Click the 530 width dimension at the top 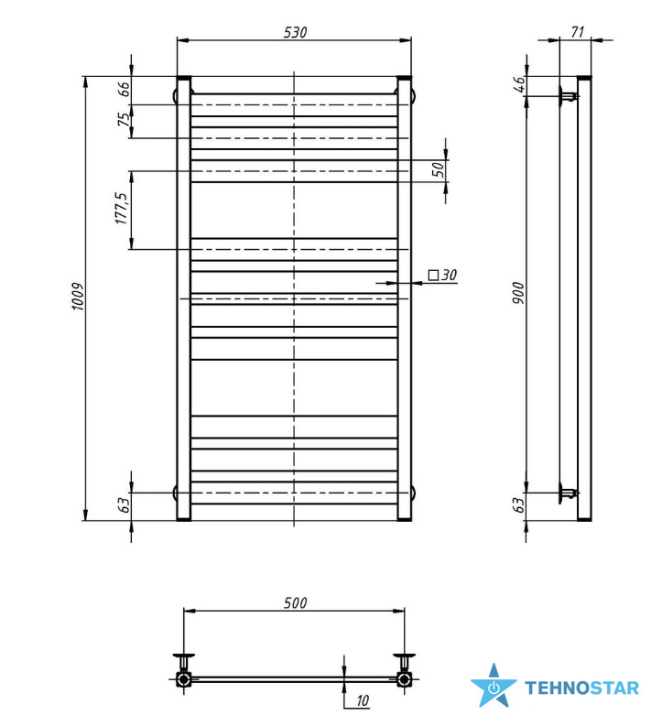[x=295, y=32]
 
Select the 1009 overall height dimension [x=78, y=297]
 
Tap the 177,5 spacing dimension [x=121, y=209]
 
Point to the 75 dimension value [x=124, y=119]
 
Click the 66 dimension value [x=124, y=89]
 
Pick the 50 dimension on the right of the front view [x=438, y=169]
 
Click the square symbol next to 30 [x=433, y=275]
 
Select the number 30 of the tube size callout [x=449, y=275]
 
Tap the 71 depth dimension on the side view [x=578, y=32]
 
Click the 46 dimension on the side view [x=519, y=84]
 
